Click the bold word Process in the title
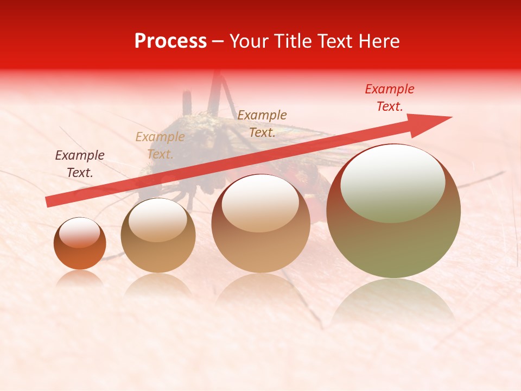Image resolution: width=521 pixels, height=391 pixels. point(170,41)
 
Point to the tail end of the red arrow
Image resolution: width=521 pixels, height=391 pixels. point(49,202)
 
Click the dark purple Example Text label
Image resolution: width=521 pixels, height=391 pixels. point(80,164)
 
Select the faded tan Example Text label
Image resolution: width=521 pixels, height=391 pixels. point(160,146)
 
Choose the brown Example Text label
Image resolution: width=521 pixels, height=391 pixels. point(262,124)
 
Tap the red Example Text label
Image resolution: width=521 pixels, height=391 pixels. point(390,98)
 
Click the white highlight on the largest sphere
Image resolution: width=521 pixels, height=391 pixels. point(392,183)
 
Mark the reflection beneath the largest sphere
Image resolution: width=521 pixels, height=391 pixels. point(393,301)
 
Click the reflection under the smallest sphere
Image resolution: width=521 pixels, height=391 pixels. point(80,278)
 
